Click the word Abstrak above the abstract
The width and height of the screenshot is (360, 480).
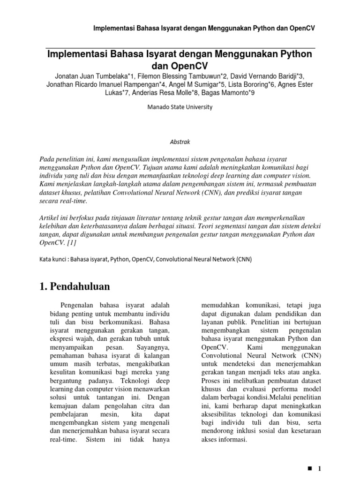tap(180, 140)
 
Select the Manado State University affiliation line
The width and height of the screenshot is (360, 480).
tap(180, 107)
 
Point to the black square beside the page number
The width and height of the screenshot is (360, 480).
tap(309, 469)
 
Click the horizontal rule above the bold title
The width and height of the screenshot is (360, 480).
tap(180, 47)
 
